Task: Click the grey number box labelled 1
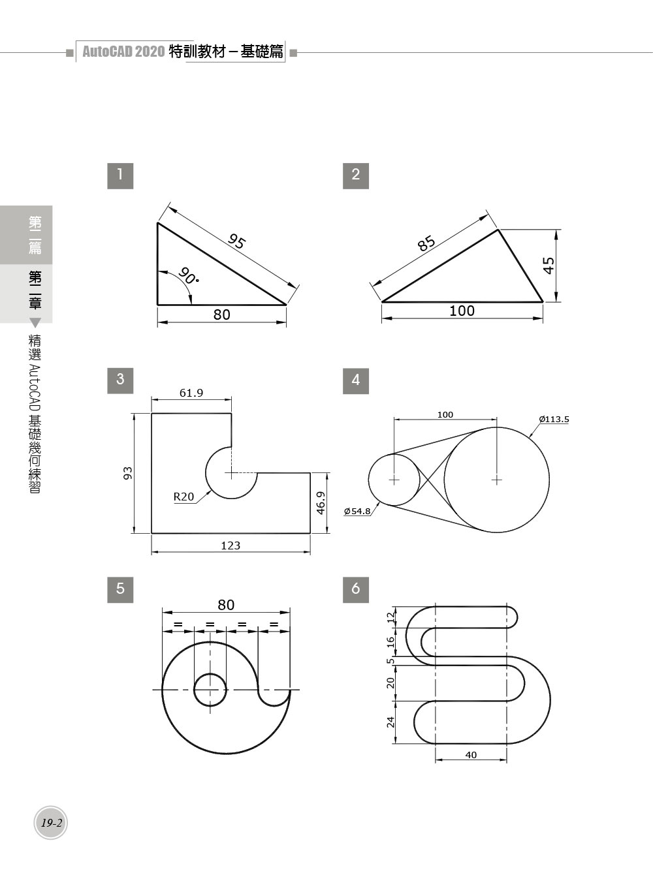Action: [x=120, y=176]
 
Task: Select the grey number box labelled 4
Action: [x=356, y=380]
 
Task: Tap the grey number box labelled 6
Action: [x=356, y=590]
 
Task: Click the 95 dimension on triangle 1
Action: [x=236, y=241]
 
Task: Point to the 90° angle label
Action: [x=188, y=275]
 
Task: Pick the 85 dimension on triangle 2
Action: [x=426, y=243]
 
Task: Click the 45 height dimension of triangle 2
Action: [x=549, y=266]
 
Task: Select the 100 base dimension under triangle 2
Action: [x=462, y=311]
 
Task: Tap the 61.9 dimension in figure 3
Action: [x=191, y=393]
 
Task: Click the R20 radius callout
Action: [x=183, y=497]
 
